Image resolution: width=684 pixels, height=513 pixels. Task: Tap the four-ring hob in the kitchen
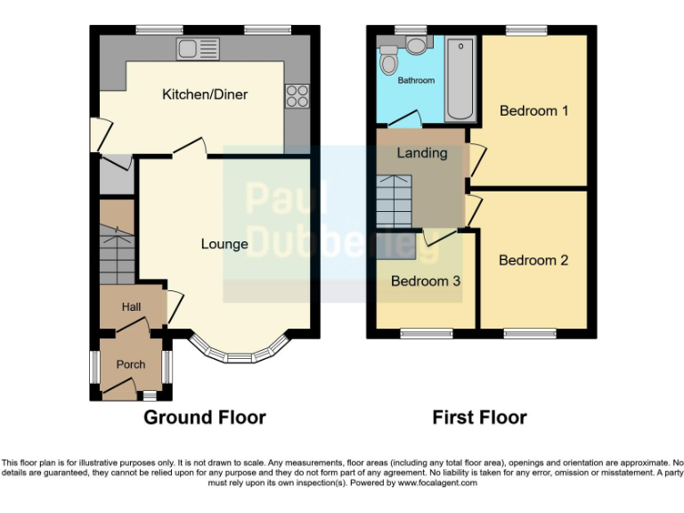296,94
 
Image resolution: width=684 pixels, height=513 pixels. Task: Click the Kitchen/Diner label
204,94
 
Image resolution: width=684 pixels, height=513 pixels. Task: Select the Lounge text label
224,243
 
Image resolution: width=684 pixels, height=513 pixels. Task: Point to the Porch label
130,364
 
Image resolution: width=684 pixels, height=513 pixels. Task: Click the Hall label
131,307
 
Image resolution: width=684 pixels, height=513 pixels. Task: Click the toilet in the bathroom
388,61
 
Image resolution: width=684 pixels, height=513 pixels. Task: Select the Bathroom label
416,81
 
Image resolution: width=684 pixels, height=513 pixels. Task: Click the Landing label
421,153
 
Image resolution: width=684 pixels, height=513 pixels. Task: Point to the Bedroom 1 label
533,111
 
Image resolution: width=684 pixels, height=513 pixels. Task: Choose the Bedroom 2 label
533,261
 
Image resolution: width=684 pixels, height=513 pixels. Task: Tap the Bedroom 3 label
426,281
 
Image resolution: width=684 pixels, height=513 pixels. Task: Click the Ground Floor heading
205,417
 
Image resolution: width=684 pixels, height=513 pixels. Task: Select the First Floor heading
479,417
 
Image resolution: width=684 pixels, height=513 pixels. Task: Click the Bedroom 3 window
426,334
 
